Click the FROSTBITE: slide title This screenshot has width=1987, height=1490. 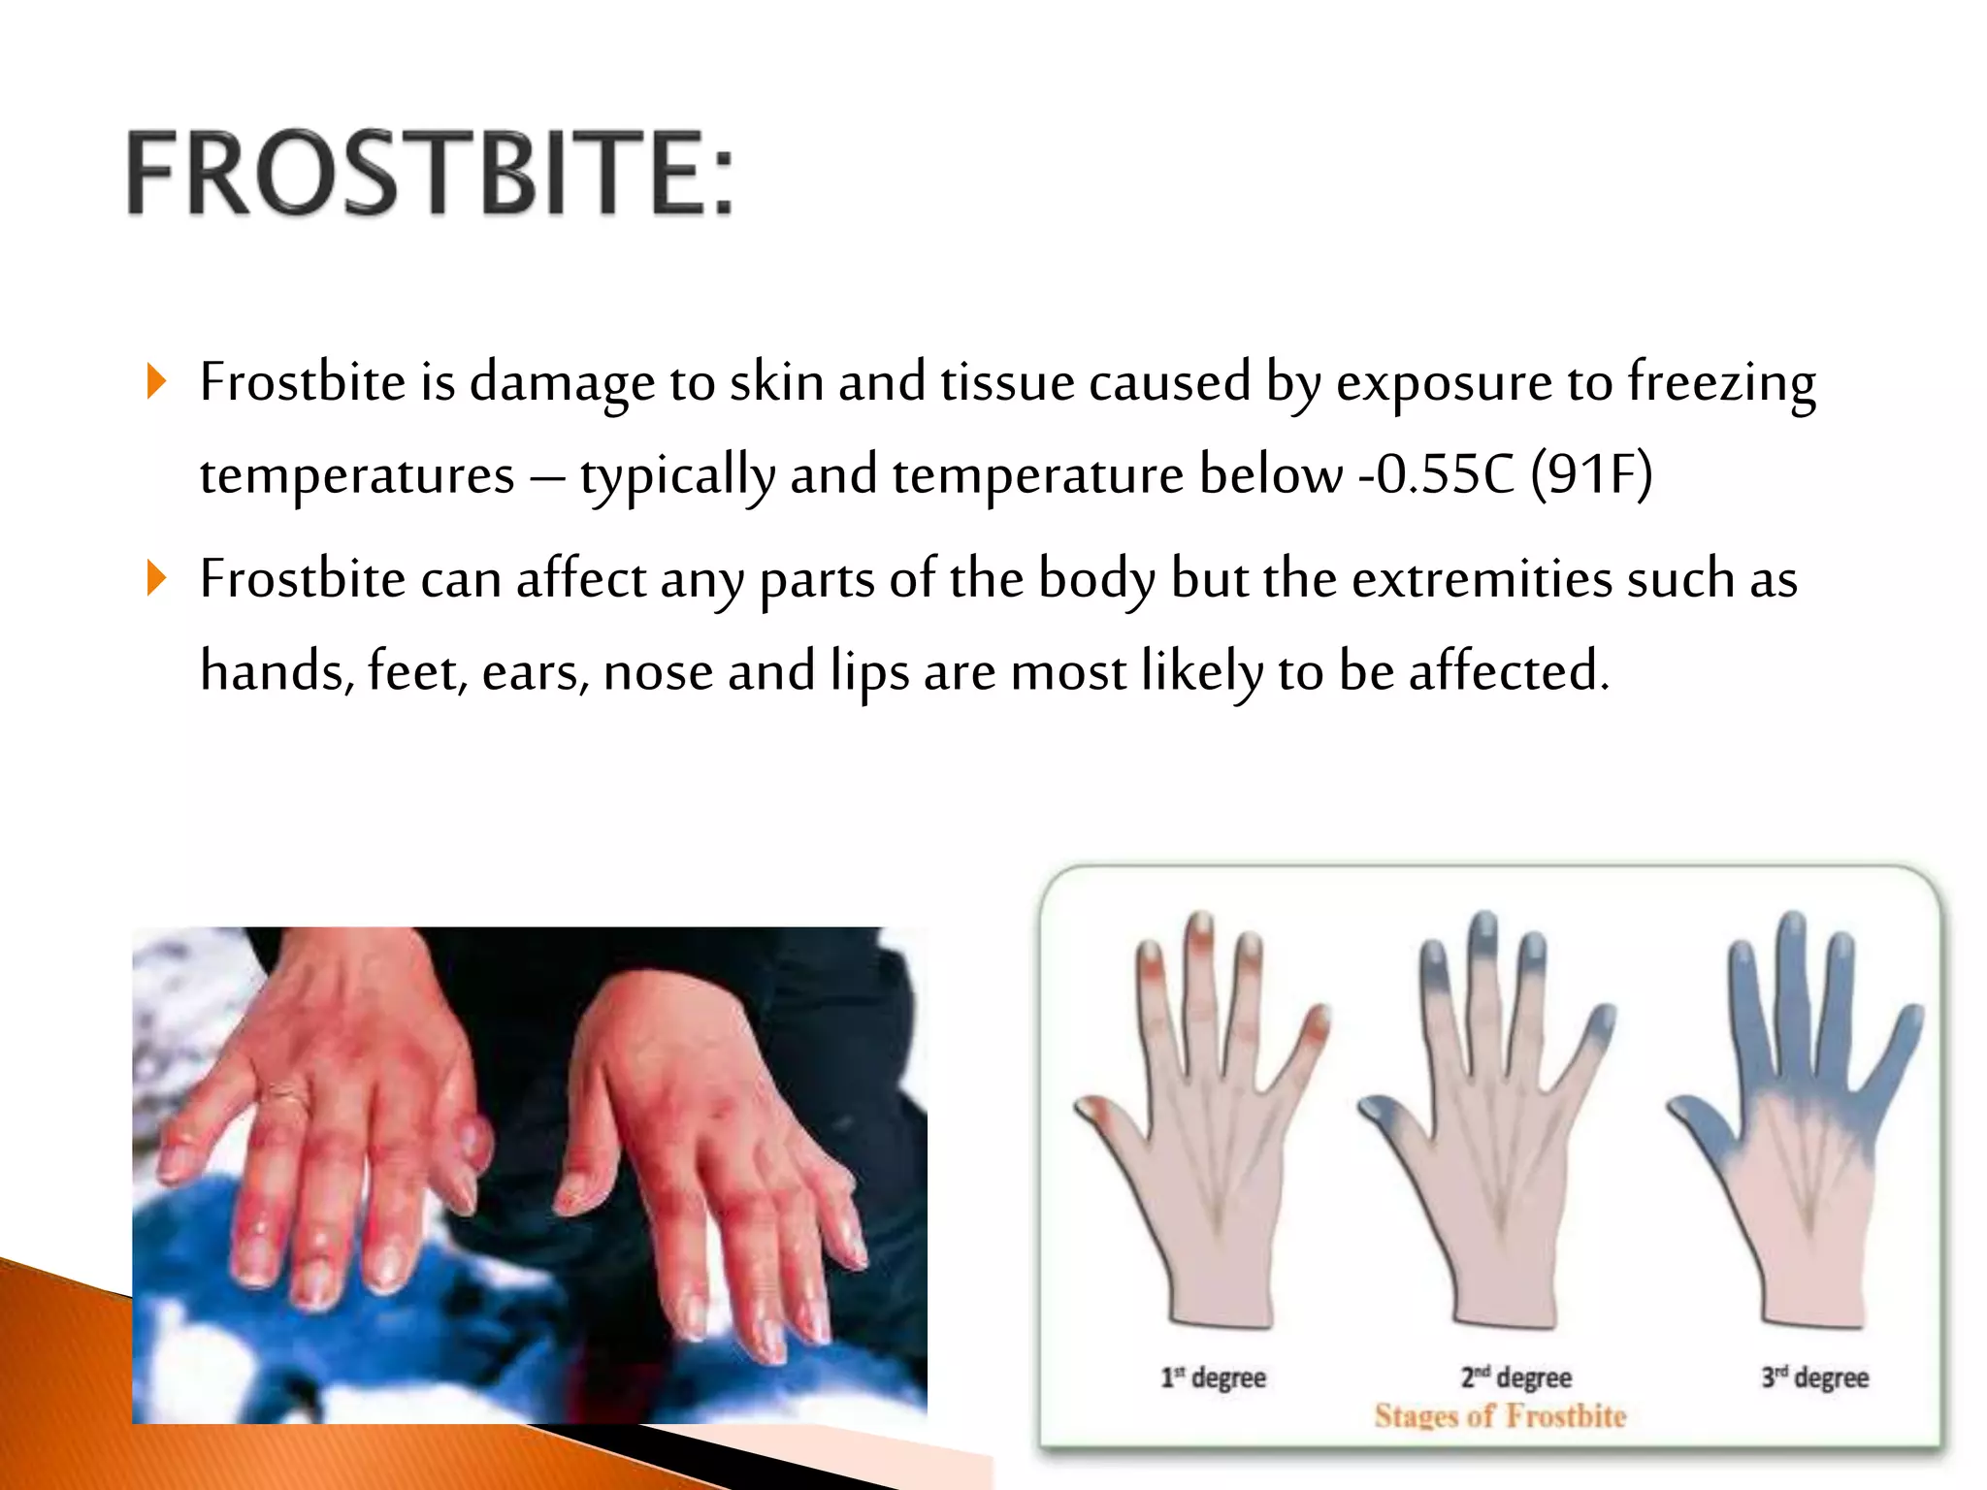click(x=430, y=173)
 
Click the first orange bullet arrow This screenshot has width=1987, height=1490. click(x=156, y=381)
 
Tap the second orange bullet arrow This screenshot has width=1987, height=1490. click(x=156, y=578)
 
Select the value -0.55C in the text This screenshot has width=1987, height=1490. click(x=1436, y=474)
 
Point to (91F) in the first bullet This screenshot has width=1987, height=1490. click(x=1591, y=474)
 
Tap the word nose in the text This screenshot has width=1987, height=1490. click(x=658, y=671)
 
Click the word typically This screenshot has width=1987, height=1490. click(x=677, y=476)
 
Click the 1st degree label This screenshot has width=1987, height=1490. click(x=1214, y=1377)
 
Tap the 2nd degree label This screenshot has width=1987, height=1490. click(x=1516, y=1377)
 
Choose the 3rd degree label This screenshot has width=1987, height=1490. click(x=1815, y=1377)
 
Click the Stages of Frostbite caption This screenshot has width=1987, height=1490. click(x=1500, y=1416)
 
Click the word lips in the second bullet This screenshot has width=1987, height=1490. click(x=869, y=672)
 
